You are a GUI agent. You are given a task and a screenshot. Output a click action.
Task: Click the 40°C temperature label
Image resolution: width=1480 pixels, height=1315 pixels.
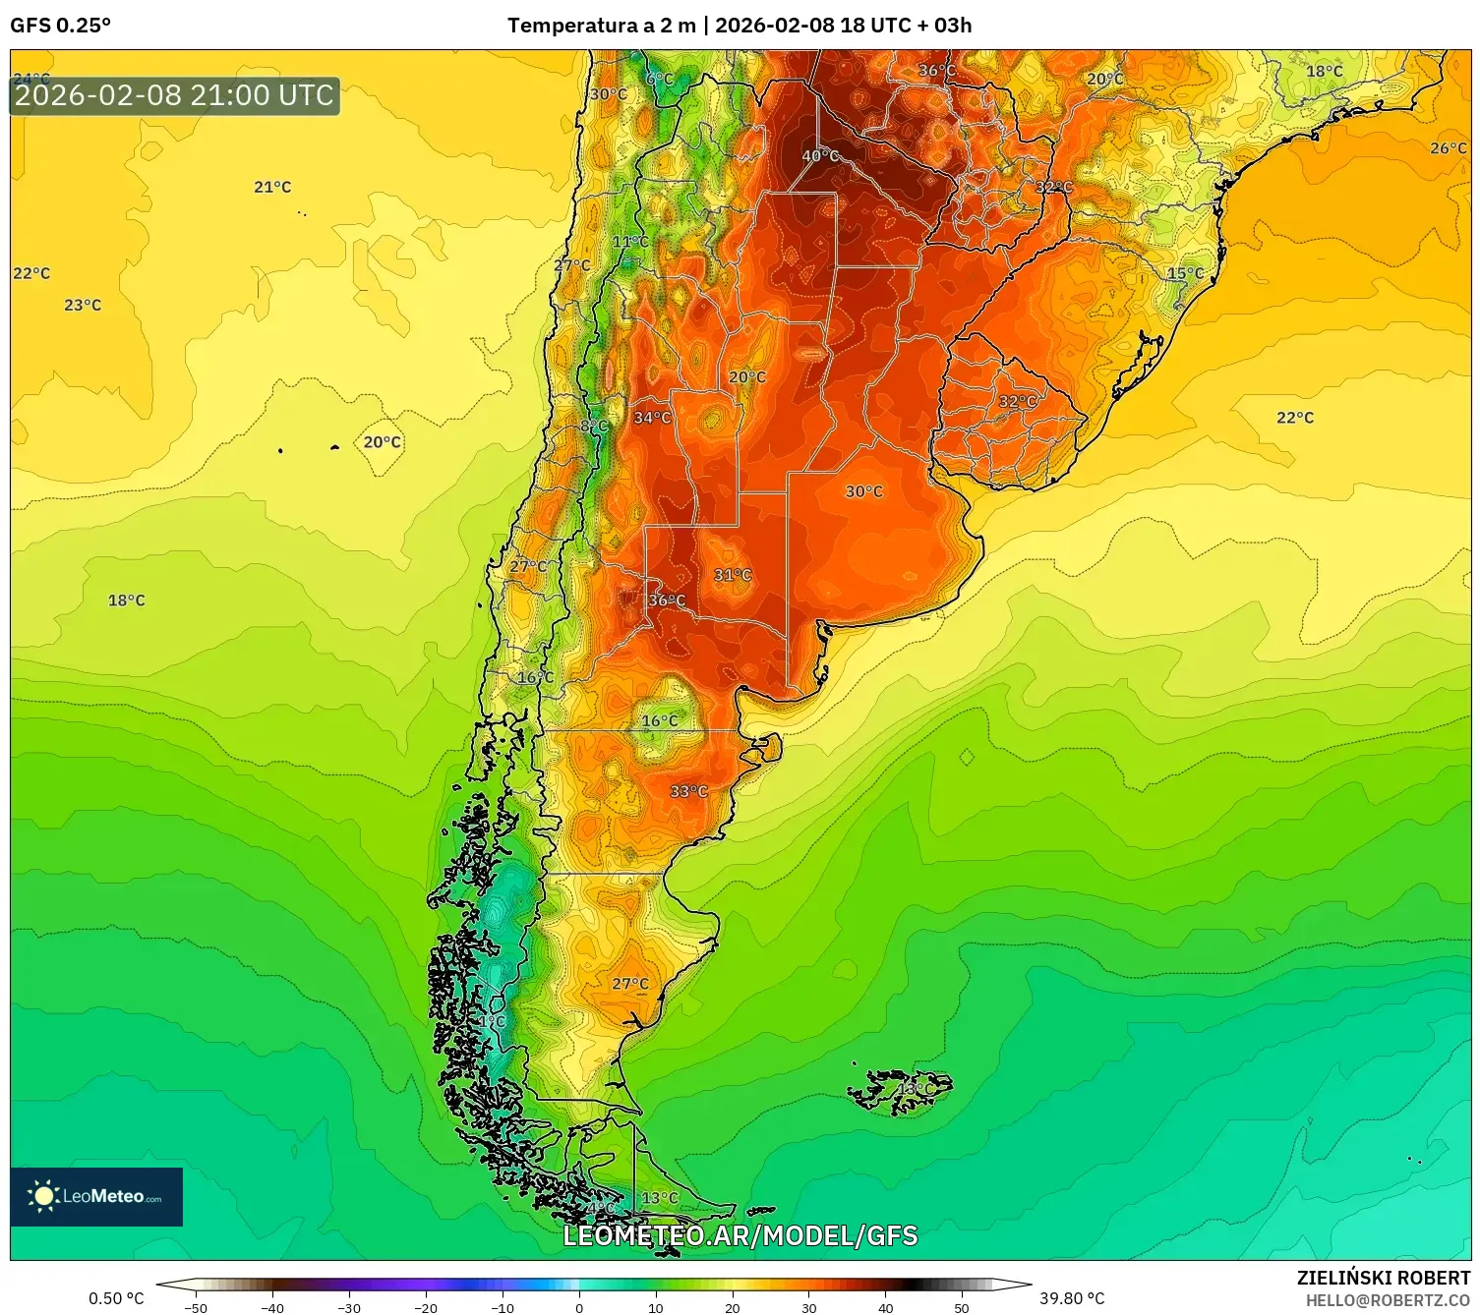pyautogui.click(x=820, y=156)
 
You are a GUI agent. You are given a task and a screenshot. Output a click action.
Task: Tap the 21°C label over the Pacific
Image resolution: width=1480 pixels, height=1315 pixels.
pyautogui.click(x=272, y=187)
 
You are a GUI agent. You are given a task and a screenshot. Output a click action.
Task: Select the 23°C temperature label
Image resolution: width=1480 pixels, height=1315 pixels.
pyautogui.click(x=83, y=305)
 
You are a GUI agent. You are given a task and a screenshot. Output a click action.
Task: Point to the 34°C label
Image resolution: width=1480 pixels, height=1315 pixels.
pyautogui.click(x=652, y=418)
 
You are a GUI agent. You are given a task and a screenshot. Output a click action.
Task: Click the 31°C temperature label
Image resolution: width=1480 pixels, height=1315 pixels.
pyautogui.click(x=732, y=575)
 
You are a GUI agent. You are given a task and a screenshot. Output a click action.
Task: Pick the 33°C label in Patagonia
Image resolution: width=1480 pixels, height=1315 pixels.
pyautogui.click(x=688, y=791)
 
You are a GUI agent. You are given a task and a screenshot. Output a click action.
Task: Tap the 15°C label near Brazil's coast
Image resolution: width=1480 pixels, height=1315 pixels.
pyautogui.click(x=1185, y=273)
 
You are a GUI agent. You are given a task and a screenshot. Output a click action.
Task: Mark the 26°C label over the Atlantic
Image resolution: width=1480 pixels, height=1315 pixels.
pyautogui.click(x=1448, y=148)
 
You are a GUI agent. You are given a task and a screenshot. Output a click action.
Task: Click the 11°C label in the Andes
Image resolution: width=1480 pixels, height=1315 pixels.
pyautogui.click(x=630, y=242)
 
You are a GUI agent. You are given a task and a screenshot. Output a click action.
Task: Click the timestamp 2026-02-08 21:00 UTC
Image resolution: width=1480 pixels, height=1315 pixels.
pyautogui.click(x=175, y=95)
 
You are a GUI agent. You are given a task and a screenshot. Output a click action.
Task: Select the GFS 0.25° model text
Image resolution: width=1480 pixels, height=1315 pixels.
pyautogui.click(x=61, y=26)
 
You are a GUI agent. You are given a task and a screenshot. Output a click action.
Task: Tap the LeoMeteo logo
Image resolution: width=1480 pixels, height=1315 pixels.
pyautogui.click(x=96, y=1196)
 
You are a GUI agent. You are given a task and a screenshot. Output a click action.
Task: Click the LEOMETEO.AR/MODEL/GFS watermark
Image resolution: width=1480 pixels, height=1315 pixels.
pyautogui.click(x=740, y=1235)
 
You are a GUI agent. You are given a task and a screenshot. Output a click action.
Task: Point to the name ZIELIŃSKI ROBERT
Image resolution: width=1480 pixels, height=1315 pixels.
pyautogui.click(x=1383, y=1278)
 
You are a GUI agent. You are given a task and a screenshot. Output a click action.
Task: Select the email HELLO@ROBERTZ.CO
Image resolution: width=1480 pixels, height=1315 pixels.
pyautogui.click(x=1387, y=1300)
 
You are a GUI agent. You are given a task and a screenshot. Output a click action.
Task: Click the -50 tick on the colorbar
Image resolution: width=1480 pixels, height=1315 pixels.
pyautogui.click(x=196, y=1308)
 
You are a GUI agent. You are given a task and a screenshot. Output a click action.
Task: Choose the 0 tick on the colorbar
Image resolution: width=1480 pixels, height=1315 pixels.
pyautogui.click(x=579, y=1308)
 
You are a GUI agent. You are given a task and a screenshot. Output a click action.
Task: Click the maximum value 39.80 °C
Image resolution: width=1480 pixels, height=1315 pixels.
pyautogui.click(x=1072, y=1298)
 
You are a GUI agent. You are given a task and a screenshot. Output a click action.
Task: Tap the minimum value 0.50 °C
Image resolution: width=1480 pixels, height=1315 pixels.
pyautogui.click(x=116, y=1298)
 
